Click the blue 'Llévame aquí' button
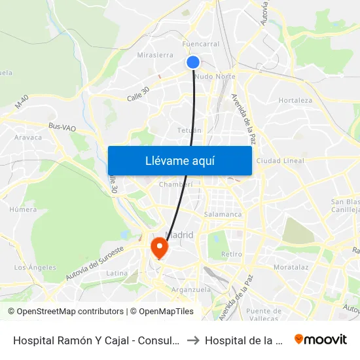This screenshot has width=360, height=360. pos(179,160)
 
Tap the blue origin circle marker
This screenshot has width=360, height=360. pos(193,62)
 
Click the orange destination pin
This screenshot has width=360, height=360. pos(159,247)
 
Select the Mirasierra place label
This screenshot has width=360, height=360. pos(155,56)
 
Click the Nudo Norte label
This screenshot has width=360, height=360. pos(215,77)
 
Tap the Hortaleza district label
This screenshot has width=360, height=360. pos(295,100)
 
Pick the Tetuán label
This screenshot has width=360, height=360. pos(190,130)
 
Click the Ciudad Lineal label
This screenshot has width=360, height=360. pos(280,160)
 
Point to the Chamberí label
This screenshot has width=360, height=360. pos(176,185)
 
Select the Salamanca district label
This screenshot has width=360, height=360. pos(223,214)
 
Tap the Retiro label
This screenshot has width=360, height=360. pos(232,254)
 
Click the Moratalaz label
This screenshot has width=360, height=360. pos(291,268)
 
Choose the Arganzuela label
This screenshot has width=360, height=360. pos(189,289)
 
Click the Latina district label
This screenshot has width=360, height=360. pos(117,273)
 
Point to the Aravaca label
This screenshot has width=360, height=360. pos(28,137)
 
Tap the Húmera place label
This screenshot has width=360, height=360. pos(23,209)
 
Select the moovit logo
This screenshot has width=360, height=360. pos(320,339)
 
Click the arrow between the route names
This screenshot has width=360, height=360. pos(194,340)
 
